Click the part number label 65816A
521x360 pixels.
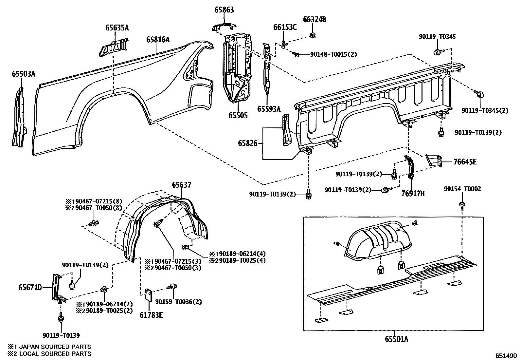pyautogui.click(x=158, y=40)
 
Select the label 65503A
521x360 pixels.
pyautogui.click(x=23, y=74)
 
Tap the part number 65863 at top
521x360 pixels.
pyautogui.click(x=224, y=10)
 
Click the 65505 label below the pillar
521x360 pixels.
pyautogui.click(x=238, y=115)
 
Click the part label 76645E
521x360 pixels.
pyautogui.click(x=465, y=161)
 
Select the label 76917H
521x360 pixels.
pyautogui.click(x=413, y=193)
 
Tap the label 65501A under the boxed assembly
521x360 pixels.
pyautogui.click(x=396, y=339)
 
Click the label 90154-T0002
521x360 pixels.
pyautogui.click(x=462, y=189)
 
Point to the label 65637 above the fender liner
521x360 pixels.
pyautogui.click(x=182, y=185)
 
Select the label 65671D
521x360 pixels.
pyautogui.click(x=30, y=288)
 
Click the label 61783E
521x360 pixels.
pyautogui.click(x=151, y=315)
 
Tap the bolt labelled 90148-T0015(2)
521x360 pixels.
pyautogui.click(x=297, y=55)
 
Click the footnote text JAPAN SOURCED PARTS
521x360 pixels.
pyautogui.click(x=54, y=347)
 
